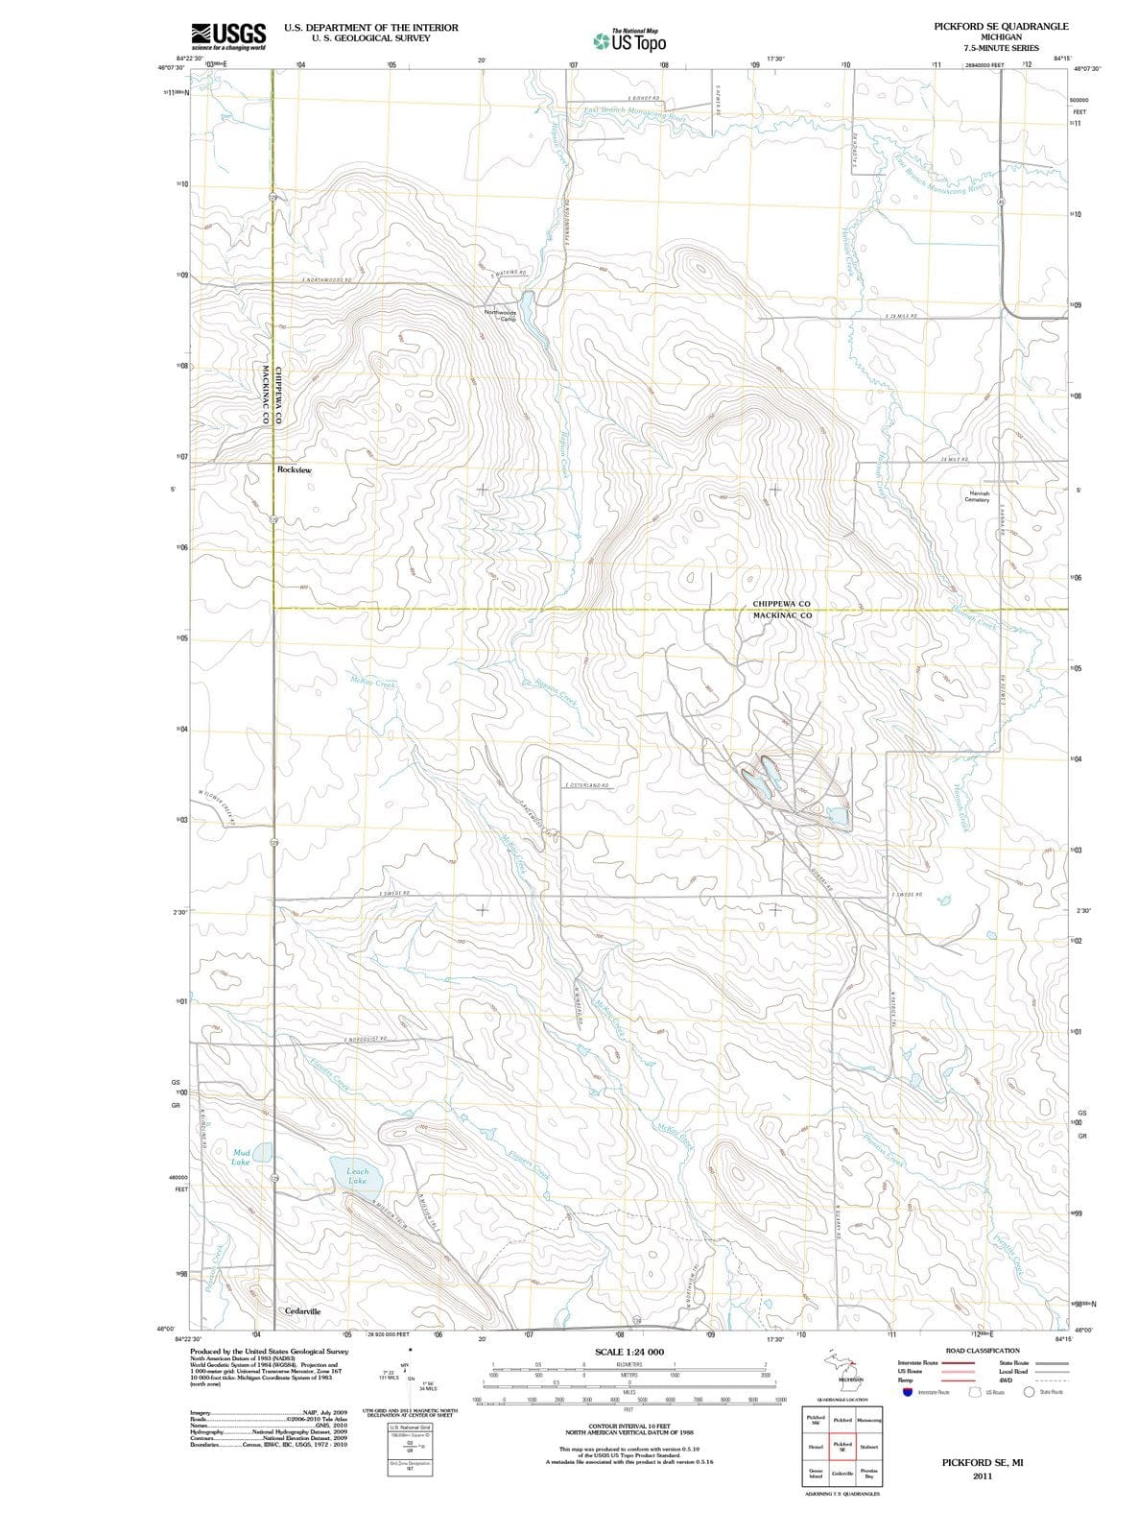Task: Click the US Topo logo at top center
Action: [x=629, y=40]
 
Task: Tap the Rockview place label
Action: [x=294, y=470]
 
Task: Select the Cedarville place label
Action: [x=302, y=1310]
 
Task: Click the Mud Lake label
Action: [x=242, y=1156]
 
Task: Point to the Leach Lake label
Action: [x=357, y=1176]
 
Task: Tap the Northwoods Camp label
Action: [x=500, y=315]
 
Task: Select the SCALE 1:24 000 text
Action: [x=629, y=1352]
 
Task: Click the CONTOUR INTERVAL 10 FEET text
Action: [x=628, y=1427]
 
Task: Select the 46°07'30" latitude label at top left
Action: [x=170, y=68]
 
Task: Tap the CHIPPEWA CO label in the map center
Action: [x=781, y=604]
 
